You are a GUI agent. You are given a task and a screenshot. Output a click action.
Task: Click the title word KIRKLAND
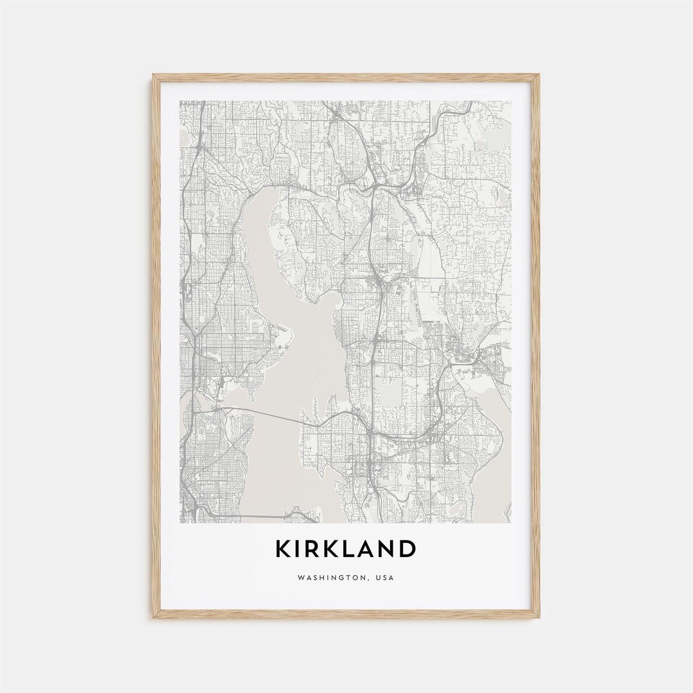(x=346, y=549)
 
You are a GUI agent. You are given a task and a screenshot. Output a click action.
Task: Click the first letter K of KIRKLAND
(x=282, y=549)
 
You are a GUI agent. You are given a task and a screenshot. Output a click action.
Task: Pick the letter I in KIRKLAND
(x=298, y=549)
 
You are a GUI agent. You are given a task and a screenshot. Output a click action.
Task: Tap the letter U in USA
(x=379, y=577)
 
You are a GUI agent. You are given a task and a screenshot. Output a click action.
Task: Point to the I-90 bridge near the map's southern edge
(x=257, y=514)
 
